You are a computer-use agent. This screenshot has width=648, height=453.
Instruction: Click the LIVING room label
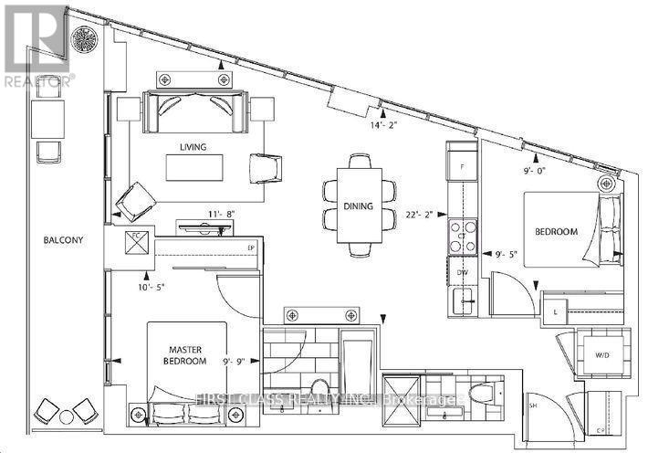(x=193, y=147)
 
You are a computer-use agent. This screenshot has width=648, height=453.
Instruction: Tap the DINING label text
(x=359, y=206)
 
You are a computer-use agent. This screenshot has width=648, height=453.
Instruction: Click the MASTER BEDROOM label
(x=183, y=354)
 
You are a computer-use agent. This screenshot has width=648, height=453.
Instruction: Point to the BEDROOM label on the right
(x=556, y=232)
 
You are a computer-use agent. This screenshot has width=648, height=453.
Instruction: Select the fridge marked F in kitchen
(x=462, y=167)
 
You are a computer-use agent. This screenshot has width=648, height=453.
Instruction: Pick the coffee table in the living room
(x=193, y=168)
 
